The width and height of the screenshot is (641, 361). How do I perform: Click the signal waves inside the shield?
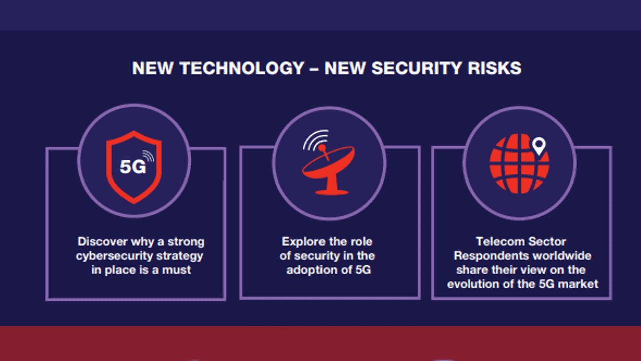pyautogui.click(x=149, y=157)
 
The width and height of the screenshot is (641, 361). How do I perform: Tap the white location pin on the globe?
pyautogui.click(x=538, y=146)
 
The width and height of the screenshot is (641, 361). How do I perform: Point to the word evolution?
pyautogui.click(x=472, y=284)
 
